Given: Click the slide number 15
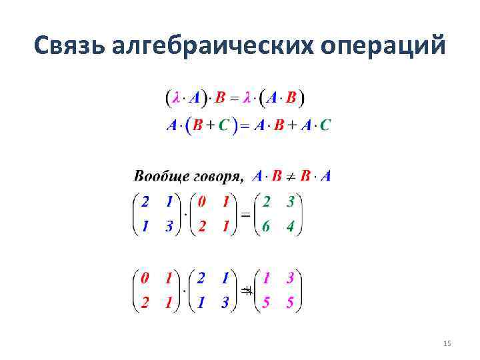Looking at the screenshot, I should pyautogui.click(x=447, y=343).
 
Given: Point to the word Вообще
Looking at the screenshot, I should pyautogui.click(x=161, y=177).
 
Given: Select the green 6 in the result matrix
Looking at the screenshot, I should pyautogui.click(x=265, y=226).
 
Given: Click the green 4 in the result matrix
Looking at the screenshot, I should pyautogui.click(x=290, y=226).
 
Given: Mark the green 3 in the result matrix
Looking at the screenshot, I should pyautogui.click(x=290, y=201).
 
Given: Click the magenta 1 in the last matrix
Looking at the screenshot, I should pyautogui.click(x=265, y=277).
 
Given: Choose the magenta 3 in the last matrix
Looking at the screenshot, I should pyautogui.click(x=290, y=277).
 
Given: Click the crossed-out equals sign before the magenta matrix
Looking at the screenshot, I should pyautogui.click(x=247, y=291).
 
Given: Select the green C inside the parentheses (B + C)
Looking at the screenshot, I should pyautogui.click(x=228, y=125).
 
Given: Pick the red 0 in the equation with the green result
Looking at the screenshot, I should pyautogui.click(x=202, y=201).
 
